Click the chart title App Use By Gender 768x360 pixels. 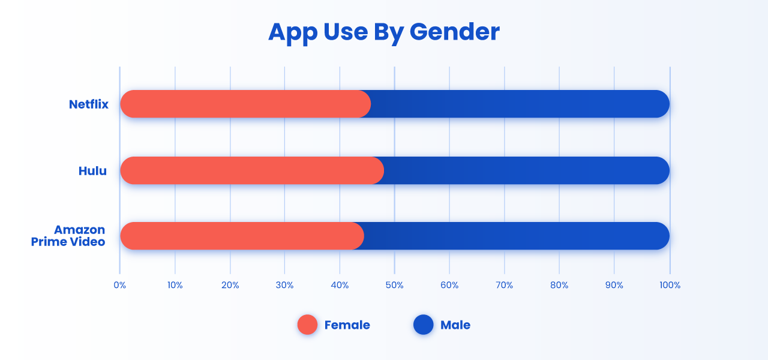point(383,32)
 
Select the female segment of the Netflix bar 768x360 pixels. point(245,104)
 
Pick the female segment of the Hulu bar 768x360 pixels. point(252,170)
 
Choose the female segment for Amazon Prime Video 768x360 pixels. point(242,236)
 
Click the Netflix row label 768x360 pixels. point(88,104)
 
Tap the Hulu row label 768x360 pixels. point(92,171)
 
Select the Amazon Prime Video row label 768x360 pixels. point(68,236)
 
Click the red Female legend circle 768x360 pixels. point(307,325)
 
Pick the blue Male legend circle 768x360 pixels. point(424,325)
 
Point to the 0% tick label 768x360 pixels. point(119,285)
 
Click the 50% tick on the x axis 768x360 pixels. point(394,285)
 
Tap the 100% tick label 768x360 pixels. point(670,285)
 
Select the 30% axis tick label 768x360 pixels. point(284,285)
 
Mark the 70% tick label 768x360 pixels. point(505,285)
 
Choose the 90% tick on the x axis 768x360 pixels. point(614,285)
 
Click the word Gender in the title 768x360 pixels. point(455,32)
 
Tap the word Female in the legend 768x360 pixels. point(347,325)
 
